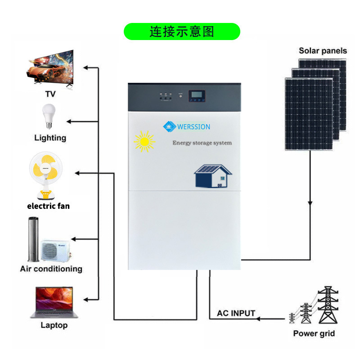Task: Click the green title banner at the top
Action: pyautogui.click(x=182, y=32)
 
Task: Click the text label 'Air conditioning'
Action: pyautogui.click(x=51, y=269)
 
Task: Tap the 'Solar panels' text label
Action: pyautogui.click(x=323, y=50)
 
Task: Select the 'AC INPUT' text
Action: pyautogui.click(x=236, y=313)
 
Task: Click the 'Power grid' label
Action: pyautogui.click(x=314, y=333)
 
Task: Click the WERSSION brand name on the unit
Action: pyautogui.click(x=193, y=127)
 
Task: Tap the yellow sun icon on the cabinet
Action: pyautogui.click(x=144, y=142)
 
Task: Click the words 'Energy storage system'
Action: pyautogui.click(x=202, y=143)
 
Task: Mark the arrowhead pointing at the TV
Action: pyautogui.click(x=85, y=68)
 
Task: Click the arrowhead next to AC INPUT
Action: pyautogui.click(x=259, y=319)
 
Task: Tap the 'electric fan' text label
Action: pyautogui.click(x=49, y=206)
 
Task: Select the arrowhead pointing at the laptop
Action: pyautogui.click(x=85, y=299)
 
